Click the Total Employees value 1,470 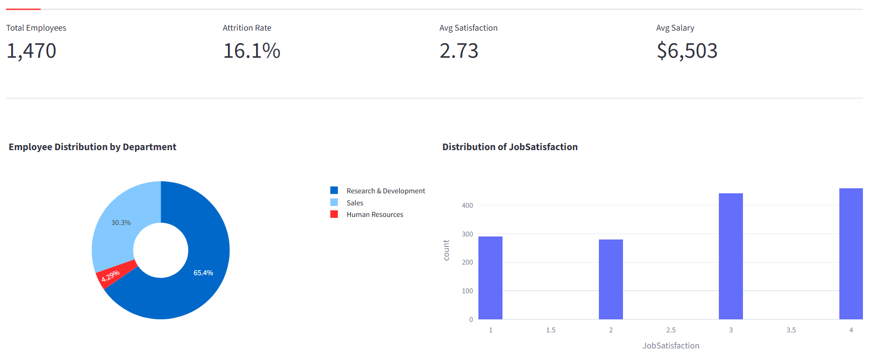(31, 51)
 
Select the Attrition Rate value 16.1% (252, 51)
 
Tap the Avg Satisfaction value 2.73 (459, 51)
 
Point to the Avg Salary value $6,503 (687, 51)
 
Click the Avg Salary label (675, 28)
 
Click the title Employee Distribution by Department (92, 147)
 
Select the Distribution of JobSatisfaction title (510, 147)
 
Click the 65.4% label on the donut (203, 273)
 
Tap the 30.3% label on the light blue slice (121, 222)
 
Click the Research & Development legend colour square (334, 190)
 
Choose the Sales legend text (354, 203)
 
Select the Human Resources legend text (374, 214)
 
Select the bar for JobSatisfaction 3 (730, 256)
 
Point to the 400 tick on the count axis (467, 205)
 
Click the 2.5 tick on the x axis (671, 330)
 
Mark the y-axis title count (446, 250)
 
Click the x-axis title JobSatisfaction (671, 345)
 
